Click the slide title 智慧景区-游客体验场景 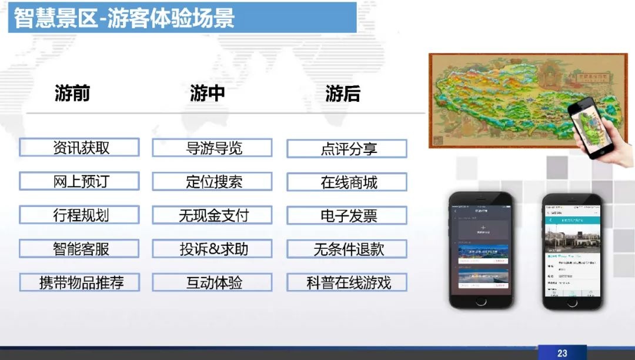click(x=124, y=18)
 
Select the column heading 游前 click(x=72, y=93)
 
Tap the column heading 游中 click(x=207, y=93)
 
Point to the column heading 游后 click(x=343, y=94)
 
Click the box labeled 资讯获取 click(x=79, y=148)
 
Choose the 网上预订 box click(x=79, y=181)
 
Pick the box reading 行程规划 click(x=79, y=215)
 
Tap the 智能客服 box click(x=79, y=248)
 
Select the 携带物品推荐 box click(x=79, y=282)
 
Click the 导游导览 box click(x=212, y=148)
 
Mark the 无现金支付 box click(x=212, y=215)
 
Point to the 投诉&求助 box click(x=212, y=249)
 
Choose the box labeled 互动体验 click(x=212, y=282)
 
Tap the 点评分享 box click(x=347, y=148)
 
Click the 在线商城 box click(x=347, y=182)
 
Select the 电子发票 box click(x=347, y=215)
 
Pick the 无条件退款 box click(x=347, y=249)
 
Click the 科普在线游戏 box click(x=347, y=282)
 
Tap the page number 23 click(x=562, y=353)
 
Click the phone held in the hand click(x=590, y=127)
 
